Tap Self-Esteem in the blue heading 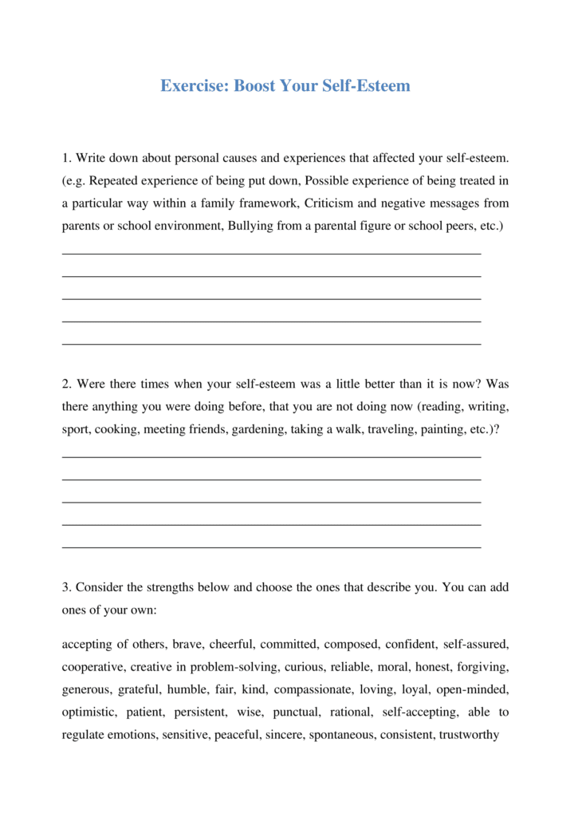(x=366, y=85)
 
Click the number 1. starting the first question (x=67, y=159)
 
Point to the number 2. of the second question (x=67, y=385)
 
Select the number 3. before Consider (x=67, y=587)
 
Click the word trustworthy (x=469, y=735)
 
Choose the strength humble (x=187, y=689)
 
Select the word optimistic (x=89, y=712)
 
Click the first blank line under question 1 (x=271, y=254)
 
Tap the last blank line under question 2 (x=271, y=548)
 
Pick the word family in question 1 (x=214, y=203)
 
